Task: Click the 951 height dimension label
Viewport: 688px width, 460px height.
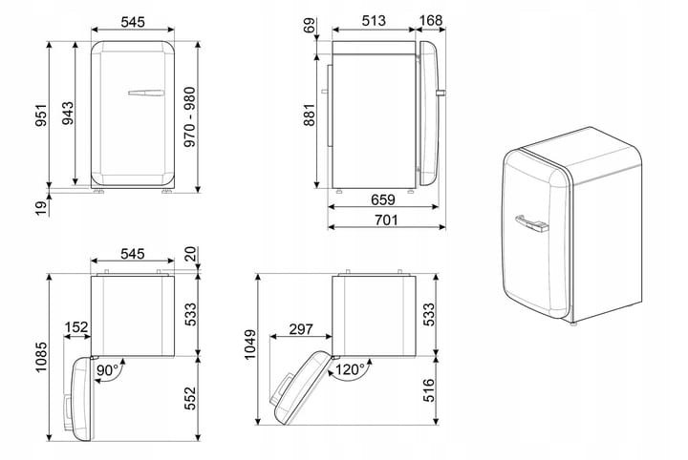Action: coord(41,115)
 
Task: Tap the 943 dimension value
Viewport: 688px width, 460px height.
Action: coord(68,114)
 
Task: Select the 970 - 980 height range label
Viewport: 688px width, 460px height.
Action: coord(189,116)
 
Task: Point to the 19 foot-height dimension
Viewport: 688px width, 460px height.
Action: coord(41,208)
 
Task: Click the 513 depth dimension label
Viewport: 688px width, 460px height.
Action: coord(374,21)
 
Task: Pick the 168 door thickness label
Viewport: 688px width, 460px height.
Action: coord(431,21)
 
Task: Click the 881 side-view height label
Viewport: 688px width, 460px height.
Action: coord(310,115)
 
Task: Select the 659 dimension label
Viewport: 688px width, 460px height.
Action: coord(383,199)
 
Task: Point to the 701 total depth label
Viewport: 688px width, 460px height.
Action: coord(386,220)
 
